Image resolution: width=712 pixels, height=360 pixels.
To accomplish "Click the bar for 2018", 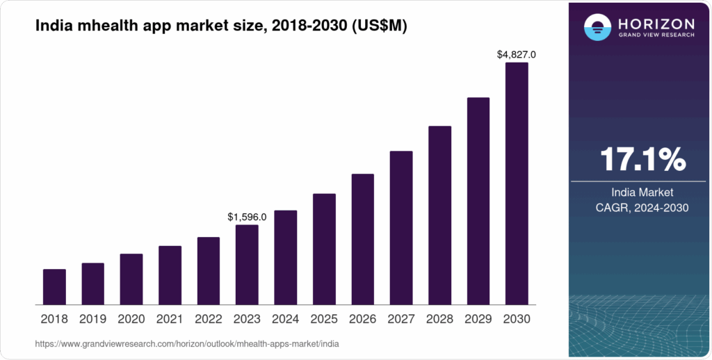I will (54, 286).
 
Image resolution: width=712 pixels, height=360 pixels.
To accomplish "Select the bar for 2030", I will (517, 183).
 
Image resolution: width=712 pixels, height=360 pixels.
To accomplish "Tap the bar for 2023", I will (247, 265).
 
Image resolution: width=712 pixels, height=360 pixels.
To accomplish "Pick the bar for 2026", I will (362, 239).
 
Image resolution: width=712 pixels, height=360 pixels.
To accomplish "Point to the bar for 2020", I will (131, 279).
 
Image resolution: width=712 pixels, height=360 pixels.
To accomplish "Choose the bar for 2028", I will (439, 215).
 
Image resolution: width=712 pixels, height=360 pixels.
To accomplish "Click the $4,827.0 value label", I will (517, 54).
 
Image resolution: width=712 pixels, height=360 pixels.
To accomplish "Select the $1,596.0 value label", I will (247, 217).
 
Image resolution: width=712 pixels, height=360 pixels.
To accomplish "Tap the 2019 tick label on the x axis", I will (92, 319).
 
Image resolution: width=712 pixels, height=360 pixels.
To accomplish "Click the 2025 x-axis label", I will (324, 319).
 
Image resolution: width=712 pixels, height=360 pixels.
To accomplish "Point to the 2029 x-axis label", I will (478, 319).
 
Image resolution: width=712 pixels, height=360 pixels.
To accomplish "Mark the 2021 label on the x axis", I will (170, 319).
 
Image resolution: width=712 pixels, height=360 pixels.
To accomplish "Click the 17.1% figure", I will (642, 159).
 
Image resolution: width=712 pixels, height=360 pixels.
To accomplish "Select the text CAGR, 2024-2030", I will (642, 207).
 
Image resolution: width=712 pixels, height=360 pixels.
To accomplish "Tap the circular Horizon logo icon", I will (597, 27).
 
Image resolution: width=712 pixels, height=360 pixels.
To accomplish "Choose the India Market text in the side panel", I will (642, 192).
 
